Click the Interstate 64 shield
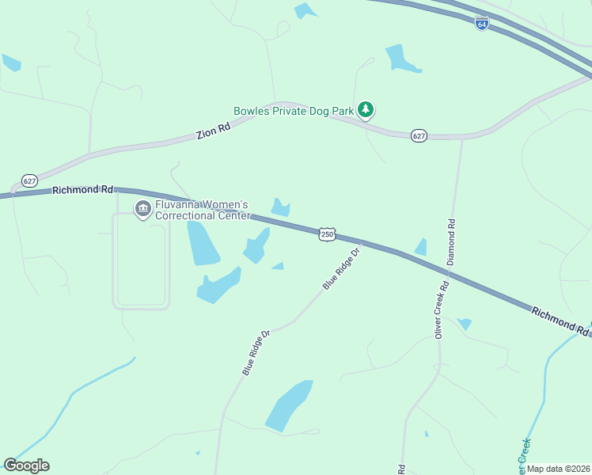pyautogui.click(x=482, y=23)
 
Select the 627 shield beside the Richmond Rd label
pyautogui.click(x=29, y=180)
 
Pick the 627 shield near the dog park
pyautogui.click(x=419, y=136)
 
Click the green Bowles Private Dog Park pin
pyautogui.click(x=365, y=110)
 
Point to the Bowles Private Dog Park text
pyautogui.click(x=293, y=112)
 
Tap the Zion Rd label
pyautogui.click(x=214, y=131)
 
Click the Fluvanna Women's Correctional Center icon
pyautogui.click(x=143, y=209)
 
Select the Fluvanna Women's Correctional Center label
pyautogui.click(x=203, y=210)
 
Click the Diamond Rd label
pyautogui.click(x=450, y=241)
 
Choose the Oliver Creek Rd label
pyautogui.click(x=441, y=310)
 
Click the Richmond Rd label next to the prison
pyautogui.click(x=82, y=190)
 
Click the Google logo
pyautogui.click(x=26, y=465)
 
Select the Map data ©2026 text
pyautogui.click(x=558, y=469)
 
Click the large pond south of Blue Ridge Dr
pyautogui.click(x=288, y=405)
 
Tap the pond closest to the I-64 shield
pyautogui.click(x=402, y=59)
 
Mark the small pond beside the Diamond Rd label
pyautogui.click(x=421, y=247)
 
